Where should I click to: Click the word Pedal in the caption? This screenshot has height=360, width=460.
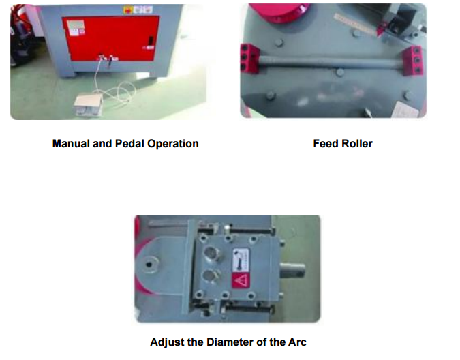coord(129,143)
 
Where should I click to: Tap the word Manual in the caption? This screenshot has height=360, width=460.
coord(71,143)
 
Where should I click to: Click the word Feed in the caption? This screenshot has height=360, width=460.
coord(326,143)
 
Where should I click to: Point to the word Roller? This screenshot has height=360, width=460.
coord(357,143)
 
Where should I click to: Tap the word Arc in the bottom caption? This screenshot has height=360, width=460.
coord(297,342)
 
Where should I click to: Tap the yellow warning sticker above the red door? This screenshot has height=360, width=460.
coord(128,10)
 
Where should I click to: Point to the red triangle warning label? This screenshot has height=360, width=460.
coord(241,281)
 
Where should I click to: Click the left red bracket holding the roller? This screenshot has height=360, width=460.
coord(249,58)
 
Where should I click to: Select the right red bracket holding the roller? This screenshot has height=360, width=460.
coord(414,60)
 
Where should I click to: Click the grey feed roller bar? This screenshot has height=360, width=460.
coord(331,62)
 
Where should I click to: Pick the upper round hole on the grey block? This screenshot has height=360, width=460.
coord(211,253)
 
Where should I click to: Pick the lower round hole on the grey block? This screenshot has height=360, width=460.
coord(210,276)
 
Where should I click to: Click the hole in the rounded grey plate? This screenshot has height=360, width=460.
coord(149,265)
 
